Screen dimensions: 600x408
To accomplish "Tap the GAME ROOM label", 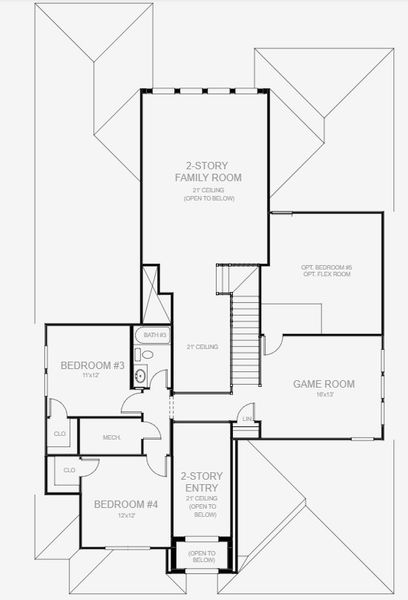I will point(324,383).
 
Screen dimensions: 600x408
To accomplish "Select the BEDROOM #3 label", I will point(92,366).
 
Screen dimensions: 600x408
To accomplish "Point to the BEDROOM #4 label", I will point(126,505).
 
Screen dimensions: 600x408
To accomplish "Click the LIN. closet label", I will point(247,419).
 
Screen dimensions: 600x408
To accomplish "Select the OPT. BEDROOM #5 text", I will point(326,267).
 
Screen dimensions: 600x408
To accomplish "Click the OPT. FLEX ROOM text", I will point(326,275).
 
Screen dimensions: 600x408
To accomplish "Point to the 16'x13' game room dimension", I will point(324,395).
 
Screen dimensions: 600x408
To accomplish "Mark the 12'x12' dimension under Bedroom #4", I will point(126,516).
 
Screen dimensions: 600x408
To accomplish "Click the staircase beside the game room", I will point(246,340).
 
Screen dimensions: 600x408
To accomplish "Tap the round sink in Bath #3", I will point(141,376).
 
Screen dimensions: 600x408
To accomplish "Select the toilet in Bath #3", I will point(146,354).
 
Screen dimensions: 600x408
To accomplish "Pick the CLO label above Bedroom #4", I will point(69,470).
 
